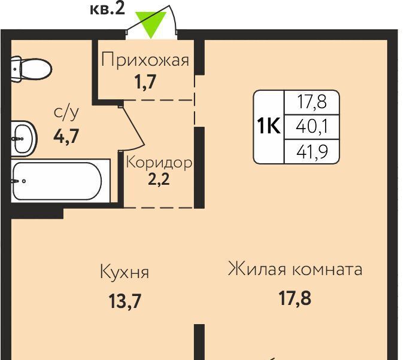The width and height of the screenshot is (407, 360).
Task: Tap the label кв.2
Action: [108, 10]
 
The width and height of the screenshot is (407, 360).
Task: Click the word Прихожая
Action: [145, 60]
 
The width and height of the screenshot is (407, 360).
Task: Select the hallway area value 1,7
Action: [145, 81]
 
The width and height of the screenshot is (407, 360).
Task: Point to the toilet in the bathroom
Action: [31, 69]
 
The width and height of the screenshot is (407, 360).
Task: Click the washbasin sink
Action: [24, 139]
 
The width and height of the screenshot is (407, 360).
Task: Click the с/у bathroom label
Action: [66, 114]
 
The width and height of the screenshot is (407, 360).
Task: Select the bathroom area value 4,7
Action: [66, 136]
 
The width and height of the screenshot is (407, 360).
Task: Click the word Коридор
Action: [159, 163]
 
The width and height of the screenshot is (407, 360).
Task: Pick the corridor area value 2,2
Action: [159, 179]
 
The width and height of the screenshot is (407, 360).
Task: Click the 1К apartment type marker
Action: [269, 126]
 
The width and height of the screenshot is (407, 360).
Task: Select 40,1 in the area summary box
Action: [312, 127]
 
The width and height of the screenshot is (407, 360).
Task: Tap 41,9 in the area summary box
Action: [312, 152]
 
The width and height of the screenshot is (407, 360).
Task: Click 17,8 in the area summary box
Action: [312, 102]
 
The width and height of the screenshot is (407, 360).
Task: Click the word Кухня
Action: [124, 272]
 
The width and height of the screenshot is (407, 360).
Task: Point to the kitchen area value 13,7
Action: [125, 301]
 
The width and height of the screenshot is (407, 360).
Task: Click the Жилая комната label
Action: [295, 269]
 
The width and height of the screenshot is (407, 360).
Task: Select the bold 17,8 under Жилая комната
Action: [295, 298]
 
